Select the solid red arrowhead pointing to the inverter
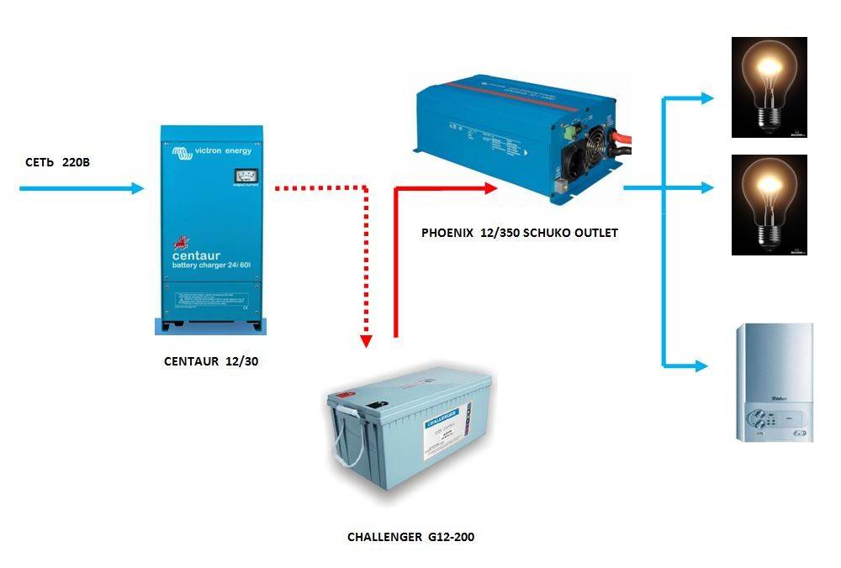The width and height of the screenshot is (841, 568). (490, 189)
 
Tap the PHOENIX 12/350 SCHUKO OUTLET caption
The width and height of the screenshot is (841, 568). (519, 233)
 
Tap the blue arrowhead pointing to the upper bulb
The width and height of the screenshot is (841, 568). (705, 98)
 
